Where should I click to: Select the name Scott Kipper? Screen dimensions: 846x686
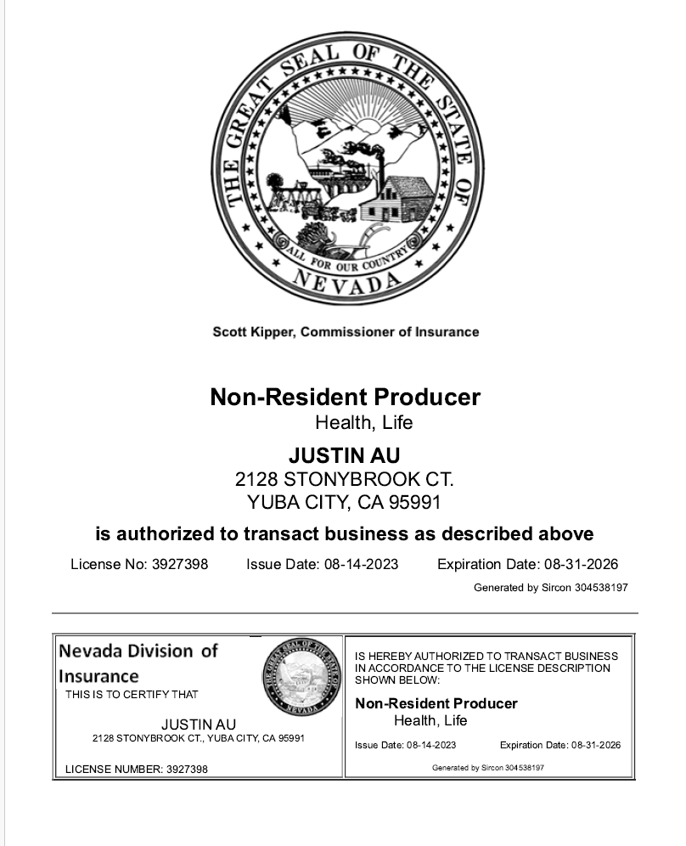252,332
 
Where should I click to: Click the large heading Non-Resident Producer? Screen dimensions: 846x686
345,397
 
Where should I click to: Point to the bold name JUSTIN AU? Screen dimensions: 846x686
344,456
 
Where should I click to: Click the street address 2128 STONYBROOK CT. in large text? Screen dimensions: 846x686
344,478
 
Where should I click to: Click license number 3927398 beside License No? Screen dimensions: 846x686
180,564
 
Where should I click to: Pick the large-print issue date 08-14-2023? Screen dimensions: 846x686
361,564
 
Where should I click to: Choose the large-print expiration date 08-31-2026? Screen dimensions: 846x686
581,564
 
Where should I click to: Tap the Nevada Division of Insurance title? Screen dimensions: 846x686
138,663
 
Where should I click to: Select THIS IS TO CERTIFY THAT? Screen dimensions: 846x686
132,695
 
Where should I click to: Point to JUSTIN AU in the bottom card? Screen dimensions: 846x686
199,725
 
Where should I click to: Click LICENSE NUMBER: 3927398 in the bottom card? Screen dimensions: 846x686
137,770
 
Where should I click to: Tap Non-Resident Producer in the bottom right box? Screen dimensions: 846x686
436,703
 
